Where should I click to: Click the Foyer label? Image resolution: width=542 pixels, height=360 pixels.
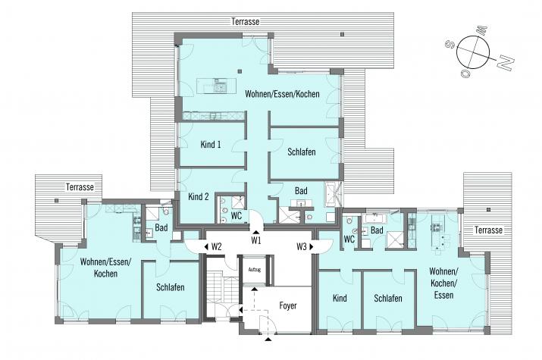pyautogui.click(x=288, y=305)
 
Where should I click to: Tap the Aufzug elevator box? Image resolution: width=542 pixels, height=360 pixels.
pyautogui.click(x=255, y=270)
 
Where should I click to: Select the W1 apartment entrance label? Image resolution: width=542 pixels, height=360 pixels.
pyautogui.click(x=255, y=241)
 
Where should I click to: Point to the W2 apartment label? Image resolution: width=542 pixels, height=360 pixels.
pyautogui.click(x=216, y=246)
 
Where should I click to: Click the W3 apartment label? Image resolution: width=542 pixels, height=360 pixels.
pyautogui.click(x=302, y=246)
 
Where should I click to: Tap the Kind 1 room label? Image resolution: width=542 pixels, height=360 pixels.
pyautogui.click(x=211, y=145)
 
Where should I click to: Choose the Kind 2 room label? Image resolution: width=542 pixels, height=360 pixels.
pyautogui.click(x=199, y=197)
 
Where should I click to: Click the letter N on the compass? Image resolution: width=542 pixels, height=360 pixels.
pyautogui.click(x=506, y=63)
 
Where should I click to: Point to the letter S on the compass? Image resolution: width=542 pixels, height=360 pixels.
pyautogui.click(x=450, y=44)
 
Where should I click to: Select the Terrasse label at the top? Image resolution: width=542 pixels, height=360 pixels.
pyautogui.click(x=246, y=21)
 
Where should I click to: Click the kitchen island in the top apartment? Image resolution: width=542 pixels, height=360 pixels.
pyautogui.click(x=216, y=86)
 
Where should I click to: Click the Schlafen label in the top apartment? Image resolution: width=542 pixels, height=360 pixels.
pyautogui.click(x=302, y=152)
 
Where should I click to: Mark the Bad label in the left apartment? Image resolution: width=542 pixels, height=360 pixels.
pyautogui.click(x=161, y=227)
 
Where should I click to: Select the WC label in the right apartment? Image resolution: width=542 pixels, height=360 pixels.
pyautogui.click(x=349, y=239)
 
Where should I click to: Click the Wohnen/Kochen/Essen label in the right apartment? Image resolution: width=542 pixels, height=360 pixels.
pyautogui.click(x=443, y=283)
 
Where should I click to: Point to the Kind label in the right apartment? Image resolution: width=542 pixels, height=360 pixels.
pyautogui.click(x=340, y=298)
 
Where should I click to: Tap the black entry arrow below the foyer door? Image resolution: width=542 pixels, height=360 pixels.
pyautogui.click(x=268, y=340)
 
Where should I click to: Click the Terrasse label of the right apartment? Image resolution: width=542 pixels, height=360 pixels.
pyautogui.click(x=488, y=230)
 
